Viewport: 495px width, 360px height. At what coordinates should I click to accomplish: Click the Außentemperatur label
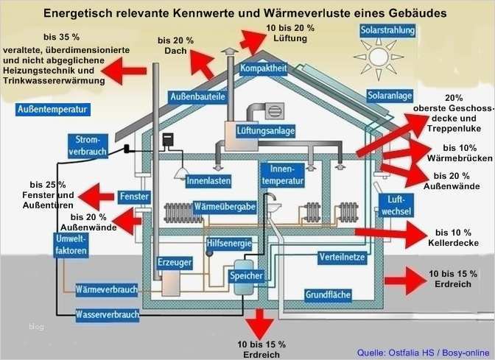coord(52,109)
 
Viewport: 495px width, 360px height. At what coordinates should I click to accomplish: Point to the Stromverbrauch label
coord(88,145)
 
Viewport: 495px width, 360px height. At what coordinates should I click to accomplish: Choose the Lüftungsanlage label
coord(266,130)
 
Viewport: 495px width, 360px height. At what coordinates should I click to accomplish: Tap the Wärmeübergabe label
coord(224,208)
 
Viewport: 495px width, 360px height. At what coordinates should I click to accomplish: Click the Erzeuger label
coord(174,262)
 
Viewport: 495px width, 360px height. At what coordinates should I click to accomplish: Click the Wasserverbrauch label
coord(108,315)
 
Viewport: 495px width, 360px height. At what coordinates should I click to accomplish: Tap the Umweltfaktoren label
coord(72,246)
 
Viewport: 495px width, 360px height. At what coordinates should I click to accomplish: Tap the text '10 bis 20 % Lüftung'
coord(289,32)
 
